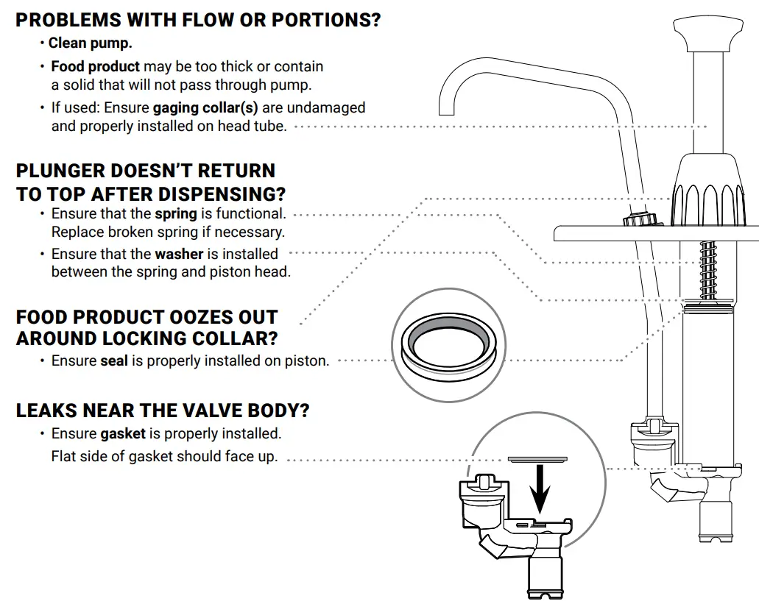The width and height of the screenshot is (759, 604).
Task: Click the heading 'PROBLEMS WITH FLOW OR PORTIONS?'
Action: tap(198, 20)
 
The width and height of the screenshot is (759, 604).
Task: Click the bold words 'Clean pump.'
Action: tap(90, 43)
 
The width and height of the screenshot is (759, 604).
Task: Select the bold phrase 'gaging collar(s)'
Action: tap(205, 107)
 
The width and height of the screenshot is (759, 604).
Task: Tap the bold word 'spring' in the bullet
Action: tap(175, 214)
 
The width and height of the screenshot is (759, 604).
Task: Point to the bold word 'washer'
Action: tap(179, 254)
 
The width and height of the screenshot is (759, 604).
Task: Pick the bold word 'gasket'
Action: tap(123, 433)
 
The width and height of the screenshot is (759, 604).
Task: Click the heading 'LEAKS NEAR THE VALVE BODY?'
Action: tap(162, 411)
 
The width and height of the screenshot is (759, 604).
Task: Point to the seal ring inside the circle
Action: tap(448, 347)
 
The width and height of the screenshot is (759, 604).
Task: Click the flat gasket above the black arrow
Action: tap(539, 458)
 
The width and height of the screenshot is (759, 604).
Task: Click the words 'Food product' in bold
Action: tap(95, 67)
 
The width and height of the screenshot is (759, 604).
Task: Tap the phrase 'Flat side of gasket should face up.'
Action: tap(164, 457)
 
